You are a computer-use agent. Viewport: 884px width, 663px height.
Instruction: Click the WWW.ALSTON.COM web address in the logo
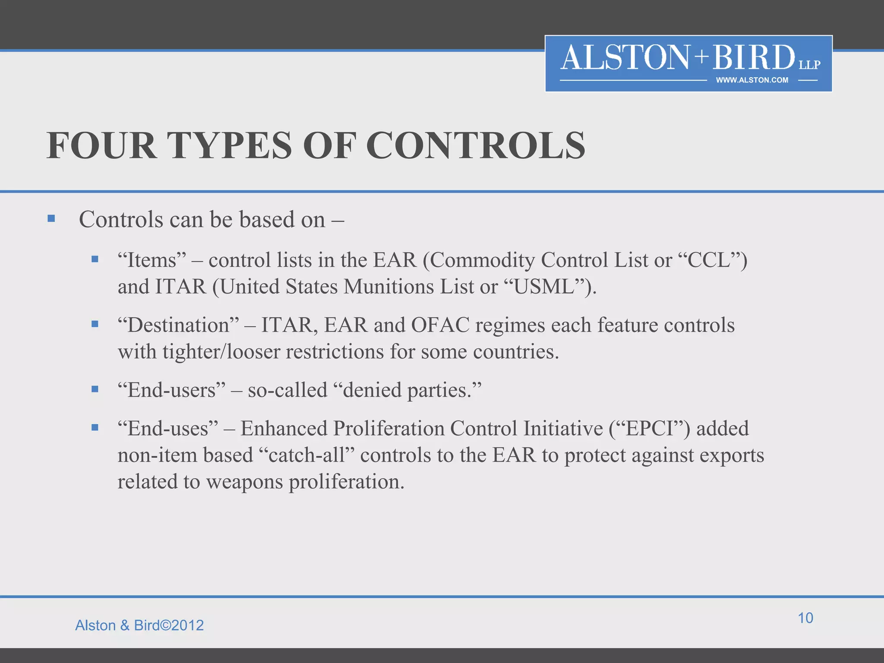tap(752, 80)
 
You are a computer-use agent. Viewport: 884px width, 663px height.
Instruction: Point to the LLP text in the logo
tap(809, 65)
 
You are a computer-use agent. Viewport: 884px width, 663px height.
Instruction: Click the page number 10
tap(805, 618)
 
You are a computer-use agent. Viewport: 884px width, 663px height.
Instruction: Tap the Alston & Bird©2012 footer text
tap(139, 625)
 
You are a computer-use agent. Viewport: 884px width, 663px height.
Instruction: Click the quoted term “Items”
tap(152, 260)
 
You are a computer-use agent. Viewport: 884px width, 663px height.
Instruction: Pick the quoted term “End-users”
tap(172, 390)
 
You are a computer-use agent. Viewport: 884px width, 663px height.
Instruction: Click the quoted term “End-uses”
tap(168, 429)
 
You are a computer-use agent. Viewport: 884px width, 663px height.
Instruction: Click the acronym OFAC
tap(440, 325)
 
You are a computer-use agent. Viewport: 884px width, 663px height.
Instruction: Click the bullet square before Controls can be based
tap(51, 218)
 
